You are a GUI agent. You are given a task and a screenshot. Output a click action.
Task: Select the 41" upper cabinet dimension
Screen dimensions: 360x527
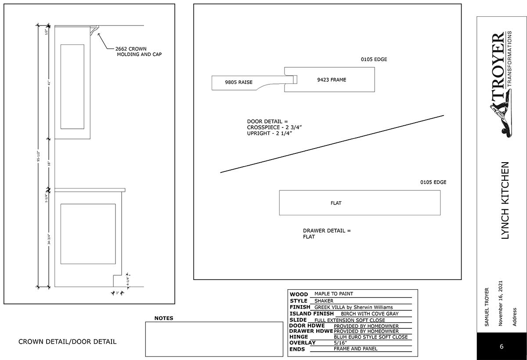coord(50,83)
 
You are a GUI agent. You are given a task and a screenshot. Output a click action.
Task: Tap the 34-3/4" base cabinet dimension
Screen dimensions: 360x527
coord(50,239)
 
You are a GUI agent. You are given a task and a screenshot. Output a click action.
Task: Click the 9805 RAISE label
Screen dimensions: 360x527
coord(238,82)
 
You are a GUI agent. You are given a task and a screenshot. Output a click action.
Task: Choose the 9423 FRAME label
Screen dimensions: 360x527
coord(332,80)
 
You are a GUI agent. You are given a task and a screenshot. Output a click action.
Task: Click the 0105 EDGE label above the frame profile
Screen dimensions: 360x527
coord(374,59)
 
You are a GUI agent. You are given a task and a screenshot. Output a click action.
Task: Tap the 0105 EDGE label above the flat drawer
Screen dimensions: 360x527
coord(433,182)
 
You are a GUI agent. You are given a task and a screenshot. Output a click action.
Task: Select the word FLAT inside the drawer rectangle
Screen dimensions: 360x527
coord(336,203)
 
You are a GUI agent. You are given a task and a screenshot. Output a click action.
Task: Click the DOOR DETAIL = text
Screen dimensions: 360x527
coord(267,121)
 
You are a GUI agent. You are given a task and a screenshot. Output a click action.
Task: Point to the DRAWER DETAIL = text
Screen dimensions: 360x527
coord(327,231)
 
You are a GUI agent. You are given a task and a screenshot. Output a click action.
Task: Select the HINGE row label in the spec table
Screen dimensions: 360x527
coord(299,337)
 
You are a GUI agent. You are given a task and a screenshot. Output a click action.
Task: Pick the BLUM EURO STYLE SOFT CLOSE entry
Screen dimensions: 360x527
coord(371,337)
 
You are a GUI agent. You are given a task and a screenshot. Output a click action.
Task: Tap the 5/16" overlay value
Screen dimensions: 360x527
coord(340,343)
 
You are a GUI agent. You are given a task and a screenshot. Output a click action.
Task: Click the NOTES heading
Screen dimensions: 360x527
coord(164,318)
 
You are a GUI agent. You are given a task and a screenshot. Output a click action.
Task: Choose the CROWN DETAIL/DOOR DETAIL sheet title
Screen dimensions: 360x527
coord(68,342)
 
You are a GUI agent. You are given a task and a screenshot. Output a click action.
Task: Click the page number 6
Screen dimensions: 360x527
coord(502,346)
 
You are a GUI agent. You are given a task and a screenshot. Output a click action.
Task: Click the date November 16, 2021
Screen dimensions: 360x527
coord(500,303)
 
